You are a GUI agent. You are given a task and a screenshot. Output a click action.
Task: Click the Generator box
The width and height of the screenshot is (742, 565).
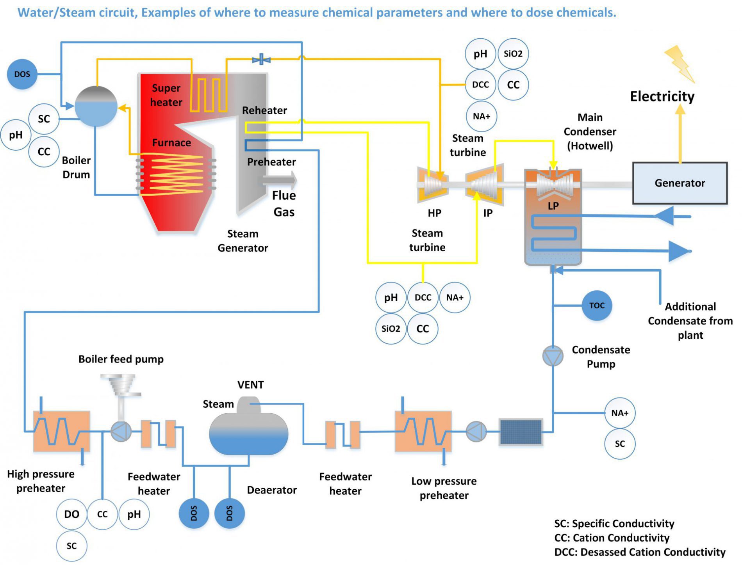coord(680,183)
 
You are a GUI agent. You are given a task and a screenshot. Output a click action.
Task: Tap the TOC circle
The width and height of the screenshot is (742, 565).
coord(596,306)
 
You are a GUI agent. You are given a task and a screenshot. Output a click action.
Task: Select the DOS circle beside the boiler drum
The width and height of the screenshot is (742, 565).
coord(22,74)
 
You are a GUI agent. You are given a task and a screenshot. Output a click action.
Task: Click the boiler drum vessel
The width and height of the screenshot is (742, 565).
coord(96,107)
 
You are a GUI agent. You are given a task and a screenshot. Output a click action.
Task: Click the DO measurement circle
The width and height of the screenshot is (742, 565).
coord(71,514)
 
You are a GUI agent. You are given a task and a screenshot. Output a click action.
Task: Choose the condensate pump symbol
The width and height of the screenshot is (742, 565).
coord(553,355)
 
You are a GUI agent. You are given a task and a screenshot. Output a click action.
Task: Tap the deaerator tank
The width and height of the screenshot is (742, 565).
coord(248,433)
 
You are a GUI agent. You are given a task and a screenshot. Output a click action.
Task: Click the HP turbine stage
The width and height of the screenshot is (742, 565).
coord(433,185)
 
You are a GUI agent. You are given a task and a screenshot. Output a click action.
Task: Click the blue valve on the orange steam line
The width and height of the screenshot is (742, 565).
coord(261,60)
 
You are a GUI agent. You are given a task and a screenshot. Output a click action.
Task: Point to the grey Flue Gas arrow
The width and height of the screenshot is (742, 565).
coord(280,180)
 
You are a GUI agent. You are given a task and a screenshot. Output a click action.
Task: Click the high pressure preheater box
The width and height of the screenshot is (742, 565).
coord(61,431)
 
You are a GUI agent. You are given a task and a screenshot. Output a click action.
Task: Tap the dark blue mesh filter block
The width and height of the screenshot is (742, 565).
coord(521,432)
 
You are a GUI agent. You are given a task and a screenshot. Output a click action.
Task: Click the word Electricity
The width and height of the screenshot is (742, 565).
coord(662,96)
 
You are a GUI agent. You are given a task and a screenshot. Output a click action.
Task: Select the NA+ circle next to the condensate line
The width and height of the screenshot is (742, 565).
coord(619,413)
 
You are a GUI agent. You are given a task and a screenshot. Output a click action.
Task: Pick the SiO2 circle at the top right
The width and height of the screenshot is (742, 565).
coord(513,54)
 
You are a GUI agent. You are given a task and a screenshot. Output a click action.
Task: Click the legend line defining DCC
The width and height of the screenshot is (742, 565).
coord(639,552)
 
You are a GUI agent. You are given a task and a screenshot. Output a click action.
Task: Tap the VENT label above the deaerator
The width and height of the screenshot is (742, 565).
coord(250,385)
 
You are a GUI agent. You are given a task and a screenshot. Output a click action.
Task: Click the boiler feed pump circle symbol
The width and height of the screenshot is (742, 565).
coord(121,432)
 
